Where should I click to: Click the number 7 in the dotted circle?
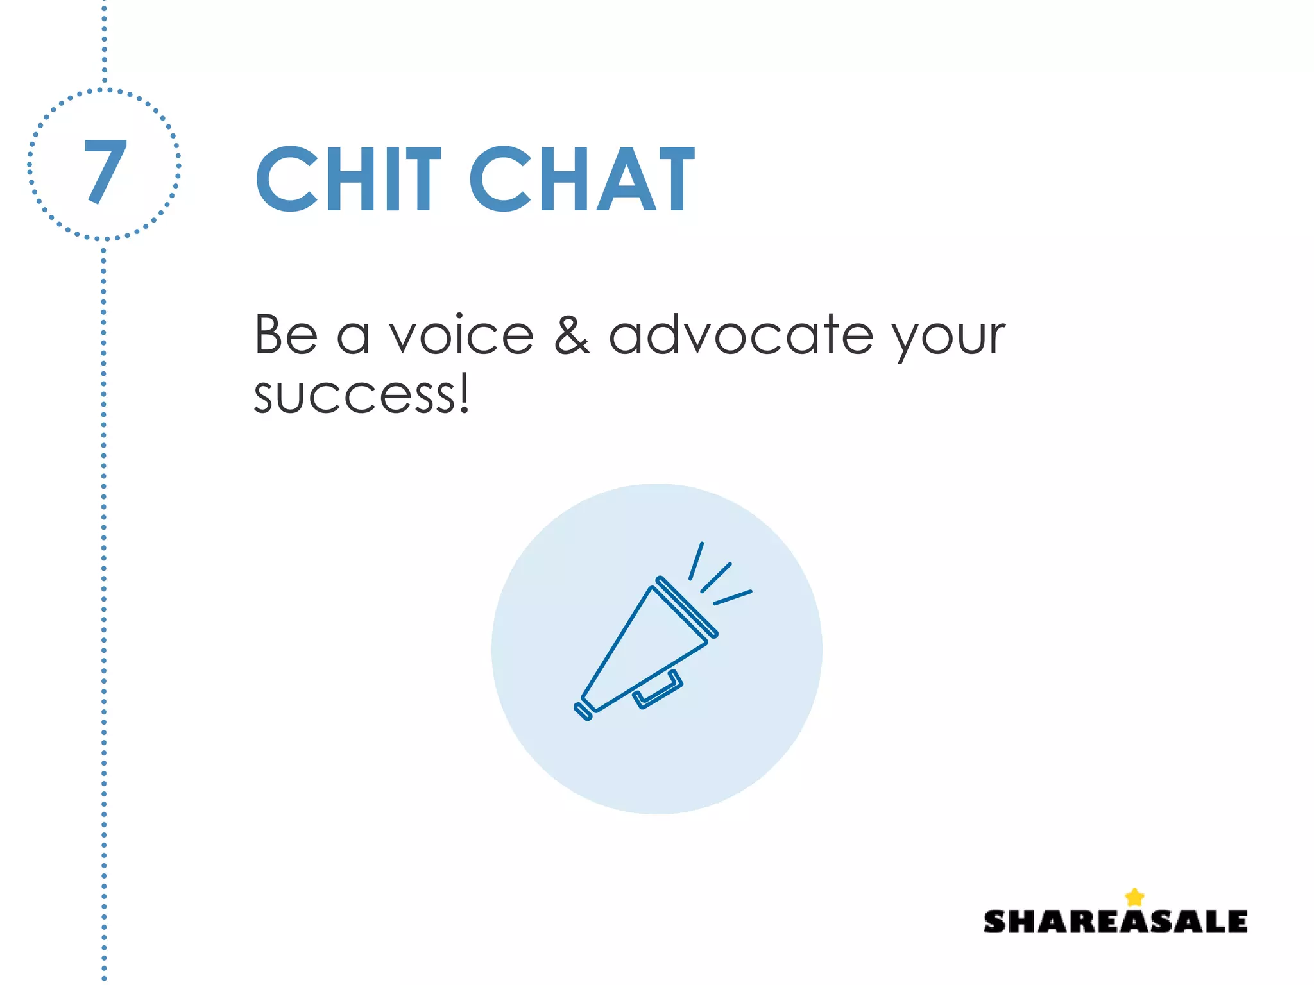[105, 171]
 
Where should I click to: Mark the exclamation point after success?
[464, 392]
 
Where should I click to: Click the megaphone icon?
[648, 648]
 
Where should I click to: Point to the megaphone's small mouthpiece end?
[583, 711]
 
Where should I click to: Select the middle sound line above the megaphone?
[716, 577]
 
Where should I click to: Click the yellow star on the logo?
[1134, 897]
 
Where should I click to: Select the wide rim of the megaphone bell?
[687, 607]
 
